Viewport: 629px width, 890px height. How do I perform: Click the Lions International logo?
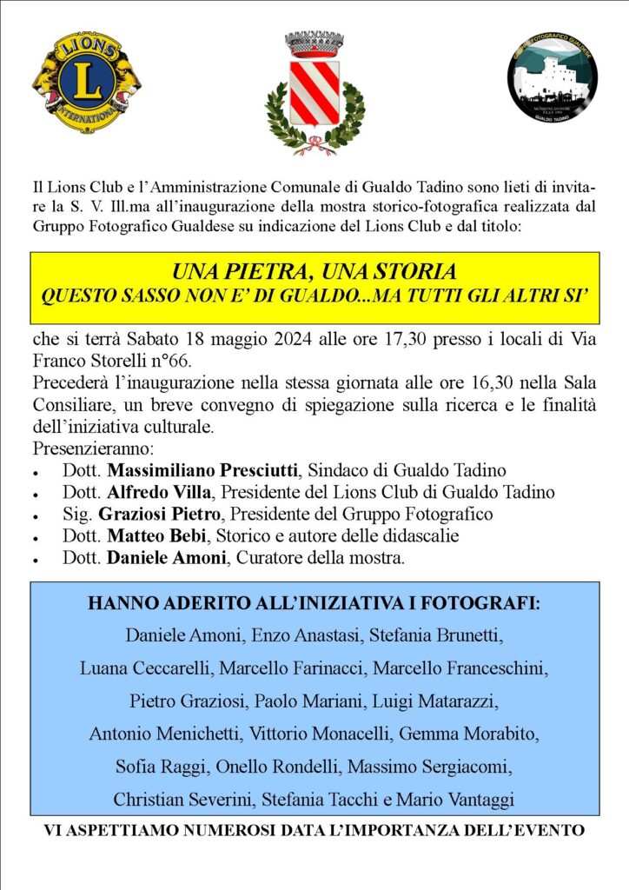click(87, 83)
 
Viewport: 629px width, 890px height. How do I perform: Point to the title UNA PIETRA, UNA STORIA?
click(314, 271)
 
